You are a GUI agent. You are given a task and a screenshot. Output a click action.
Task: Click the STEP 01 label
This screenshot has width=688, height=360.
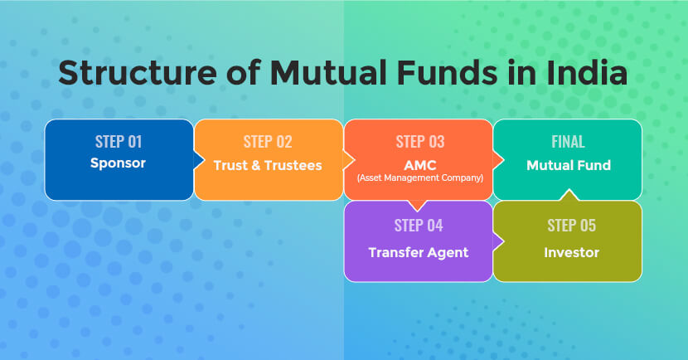pyautogui.click(x=118, y=141)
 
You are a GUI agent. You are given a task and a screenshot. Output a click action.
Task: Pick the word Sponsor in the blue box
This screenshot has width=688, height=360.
pyautogui.click(x=118, y=163)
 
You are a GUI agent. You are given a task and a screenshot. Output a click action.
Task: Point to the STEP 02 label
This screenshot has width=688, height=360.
pyautogui.click(x=268, y=142)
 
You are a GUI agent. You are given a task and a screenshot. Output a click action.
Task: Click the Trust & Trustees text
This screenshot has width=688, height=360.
pyautogui.click(x=268, y=165)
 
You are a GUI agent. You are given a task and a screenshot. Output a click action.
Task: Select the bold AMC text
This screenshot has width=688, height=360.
pyautogui.click(x=419, y=164)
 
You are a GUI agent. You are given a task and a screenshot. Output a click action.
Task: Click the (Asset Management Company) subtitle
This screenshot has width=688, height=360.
pyautogui.click(x=419, y=178)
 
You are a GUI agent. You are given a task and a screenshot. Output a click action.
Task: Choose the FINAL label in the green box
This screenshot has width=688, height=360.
pyautogui.click(x=568, y=142)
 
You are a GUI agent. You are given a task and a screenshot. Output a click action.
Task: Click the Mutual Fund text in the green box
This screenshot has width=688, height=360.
pyautogui.click(x=568, y=165)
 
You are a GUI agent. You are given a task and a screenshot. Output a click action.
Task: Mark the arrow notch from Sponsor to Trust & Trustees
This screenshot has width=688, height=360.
pyautogui.click(x=199, y=159)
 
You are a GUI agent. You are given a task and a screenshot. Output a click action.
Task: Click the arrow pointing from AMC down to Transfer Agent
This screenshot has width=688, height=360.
pyautogui.click(x=418, y=205)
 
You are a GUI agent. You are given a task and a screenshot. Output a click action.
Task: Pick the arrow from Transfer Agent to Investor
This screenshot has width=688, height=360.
pyautogui.click(x=498, y=241)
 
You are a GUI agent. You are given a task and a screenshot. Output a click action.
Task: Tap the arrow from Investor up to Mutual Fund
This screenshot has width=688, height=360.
pyautogui.click(x=567, y=196)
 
